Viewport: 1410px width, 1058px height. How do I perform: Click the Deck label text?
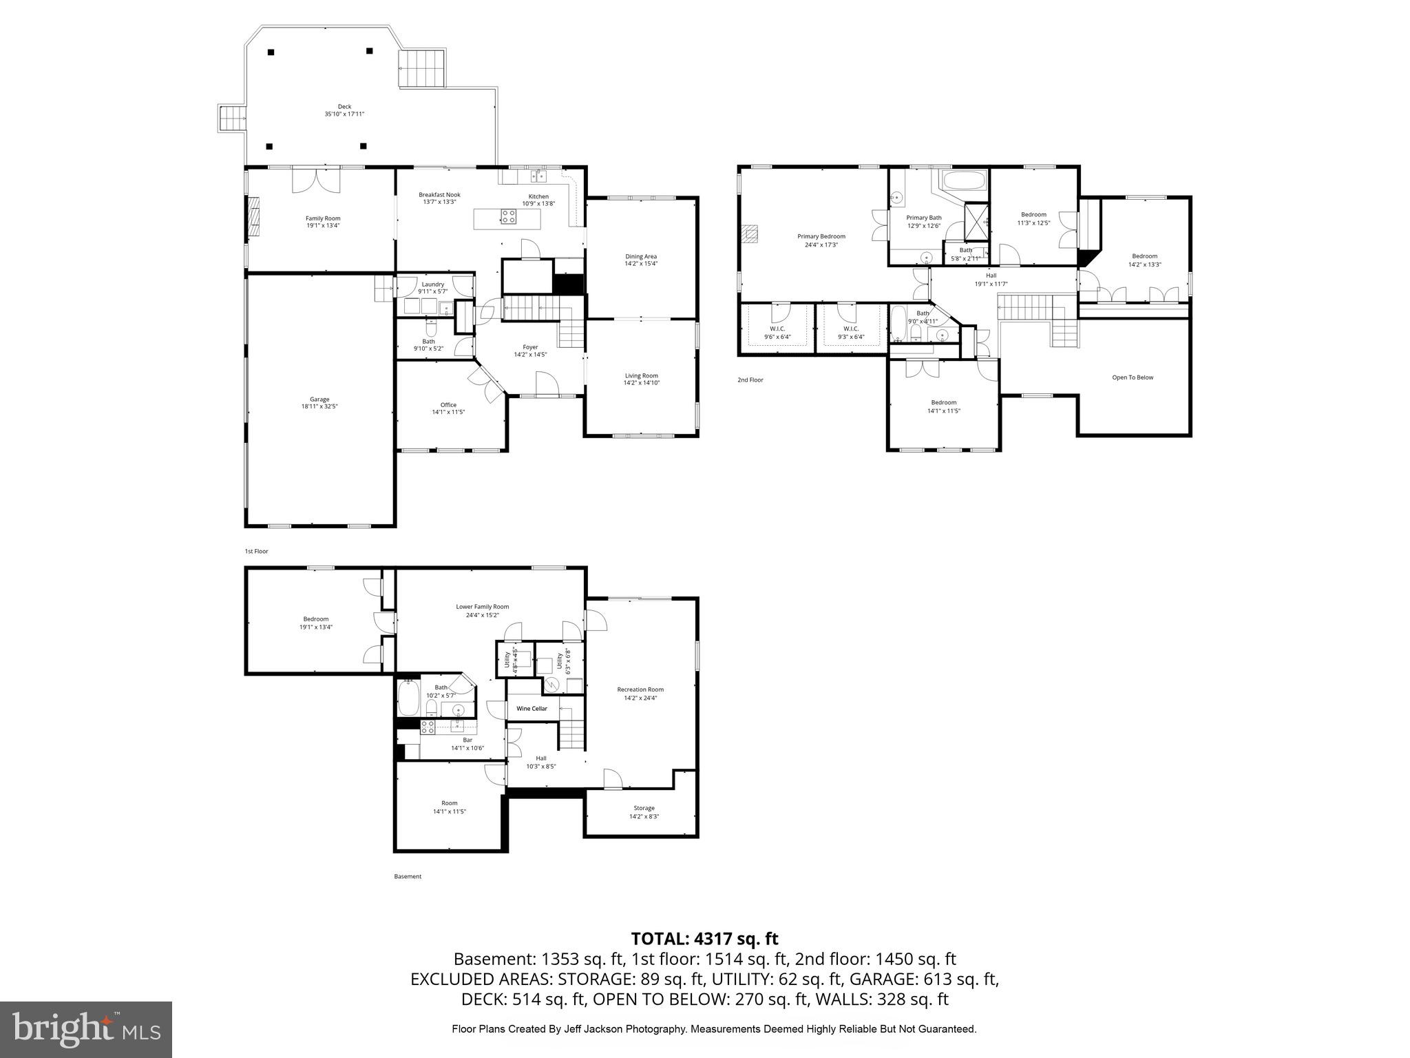pyautogui.click(x=344, y=107)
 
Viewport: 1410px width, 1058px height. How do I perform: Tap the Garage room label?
pyautogui.click(x=319, y=400)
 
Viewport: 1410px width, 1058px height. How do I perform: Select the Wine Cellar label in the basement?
pyautogui.click(x=532, y=709)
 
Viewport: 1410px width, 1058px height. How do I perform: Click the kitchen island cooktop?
pyautogui.click(x=508, y=218)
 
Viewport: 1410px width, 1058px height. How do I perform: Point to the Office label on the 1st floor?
pyautogui.click(x=448, y=405)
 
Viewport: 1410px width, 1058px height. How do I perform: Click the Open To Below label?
pyautogui.click(x=1133, y=377)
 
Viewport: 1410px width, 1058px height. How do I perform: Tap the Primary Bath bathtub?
pyautogui.click(x=964, y=183)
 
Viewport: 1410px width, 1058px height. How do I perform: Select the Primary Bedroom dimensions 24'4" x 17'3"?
pyautogui.click(x=821, y=245)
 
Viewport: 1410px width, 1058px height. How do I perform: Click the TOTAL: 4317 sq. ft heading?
pyautogui.click(x=704, y=939)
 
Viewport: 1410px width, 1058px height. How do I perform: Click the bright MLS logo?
pyautogui.click(x=86, y=1029)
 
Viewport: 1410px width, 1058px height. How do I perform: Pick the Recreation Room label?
pyautogui.click(x=640, y=689)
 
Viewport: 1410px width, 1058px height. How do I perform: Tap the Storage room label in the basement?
pyautogui.click(x=644, y=808)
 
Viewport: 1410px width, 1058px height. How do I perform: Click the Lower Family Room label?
pyautogui.click(x=482, y=607)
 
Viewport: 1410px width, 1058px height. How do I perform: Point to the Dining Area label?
pyautogui.click(x=640, y=256)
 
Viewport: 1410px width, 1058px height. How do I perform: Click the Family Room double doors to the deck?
pyautogui.click(x=316, y=180)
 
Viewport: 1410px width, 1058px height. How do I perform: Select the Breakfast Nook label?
pyautogui.click(x=439, y=195)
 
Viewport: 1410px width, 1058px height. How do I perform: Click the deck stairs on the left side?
pyautogui.click(x=232, y=118)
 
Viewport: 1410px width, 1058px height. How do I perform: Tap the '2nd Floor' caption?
pyautogui.click(x=750, y=380)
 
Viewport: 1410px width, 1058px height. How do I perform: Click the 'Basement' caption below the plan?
pyautogui.click(x=408, y=877)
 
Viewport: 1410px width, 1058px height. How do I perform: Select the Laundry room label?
pyautogui.click(x=432, y=284)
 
